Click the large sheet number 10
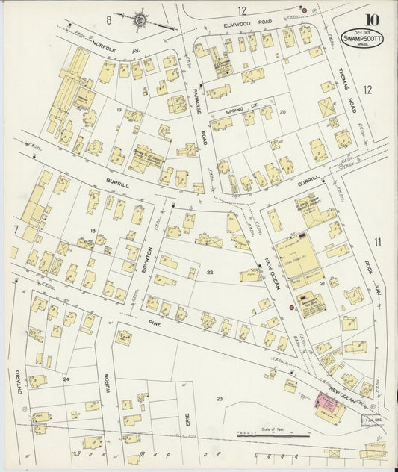click(371, 20)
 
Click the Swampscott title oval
click(364, 40)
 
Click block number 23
click(220, 400)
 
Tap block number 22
click(211, 273)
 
